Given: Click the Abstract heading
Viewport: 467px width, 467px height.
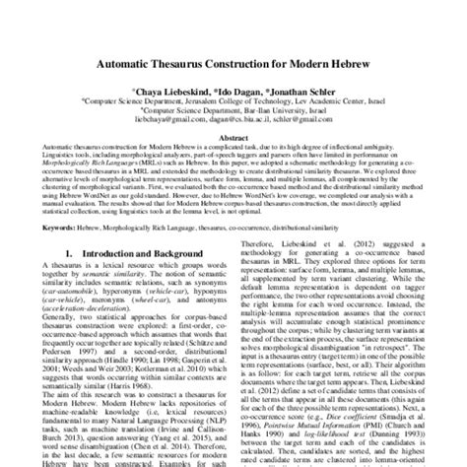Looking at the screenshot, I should (233, 138).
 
